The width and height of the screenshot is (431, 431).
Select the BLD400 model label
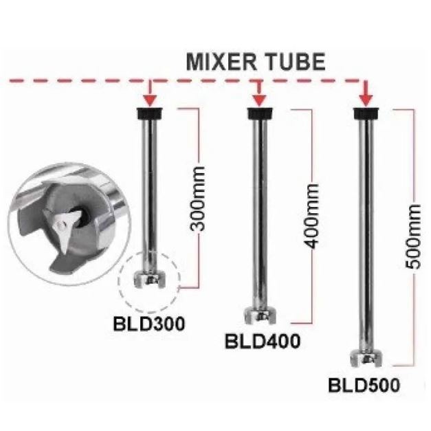click(x=262, y=342)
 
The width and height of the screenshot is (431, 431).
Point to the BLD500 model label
click(x=363, y=386)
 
